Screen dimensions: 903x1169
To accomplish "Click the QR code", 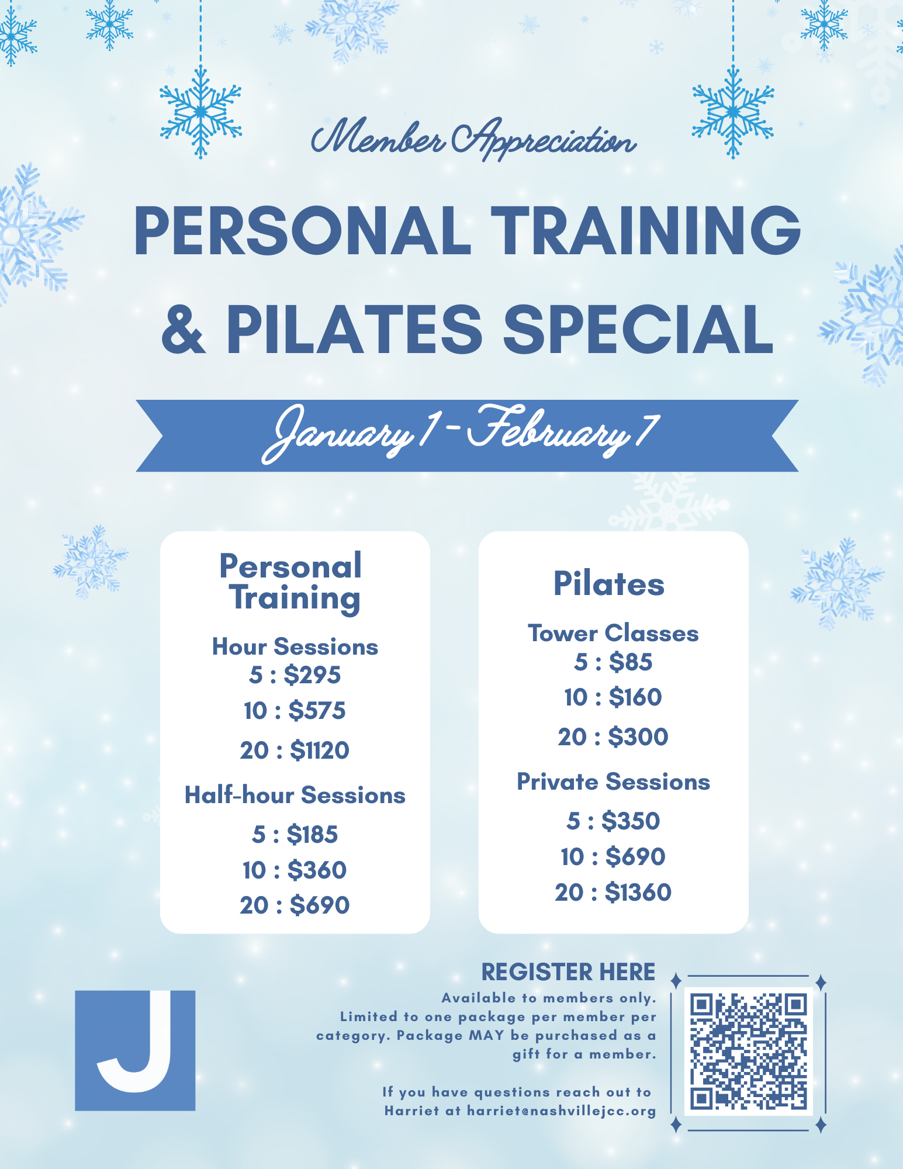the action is point(748,1050).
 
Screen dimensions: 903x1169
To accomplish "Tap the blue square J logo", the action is point(135,1050).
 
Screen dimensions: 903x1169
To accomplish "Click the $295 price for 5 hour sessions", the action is point(312,675).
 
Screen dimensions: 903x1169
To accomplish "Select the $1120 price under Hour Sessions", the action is point(320,750).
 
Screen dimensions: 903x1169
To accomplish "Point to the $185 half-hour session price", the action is point(312,834).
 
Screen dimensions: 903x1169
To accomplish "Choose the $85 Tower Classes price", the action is point(631,662).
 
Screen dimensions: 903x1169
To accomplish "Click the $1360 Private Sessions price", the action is point(638,893).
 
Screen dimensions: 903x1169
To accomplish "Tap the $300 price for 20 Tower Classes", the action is point(638,736).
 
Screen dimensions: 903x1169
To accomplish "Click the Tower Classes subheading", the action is point(613,633).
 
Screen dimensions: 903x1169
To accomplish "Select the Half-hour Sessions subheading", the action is point(295,795).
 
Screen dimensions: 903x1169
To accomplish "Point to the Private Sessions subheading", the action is point(613,781).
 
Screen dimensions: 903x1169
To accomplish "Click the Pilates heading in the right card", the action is point(609,583).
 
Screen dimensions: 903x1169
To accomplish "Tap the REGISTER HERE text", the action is point(568,972).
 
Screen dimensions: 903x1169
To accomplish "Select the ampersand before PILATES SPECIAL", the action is point(184,330).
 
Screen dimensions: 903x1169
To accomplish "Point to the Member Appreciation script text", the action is point(473,139).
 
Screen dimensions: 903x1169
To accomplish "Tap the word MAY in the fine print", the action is point(486,1035).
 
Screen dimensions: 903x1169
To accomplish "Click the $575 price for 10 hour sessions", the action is point(317,711).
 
